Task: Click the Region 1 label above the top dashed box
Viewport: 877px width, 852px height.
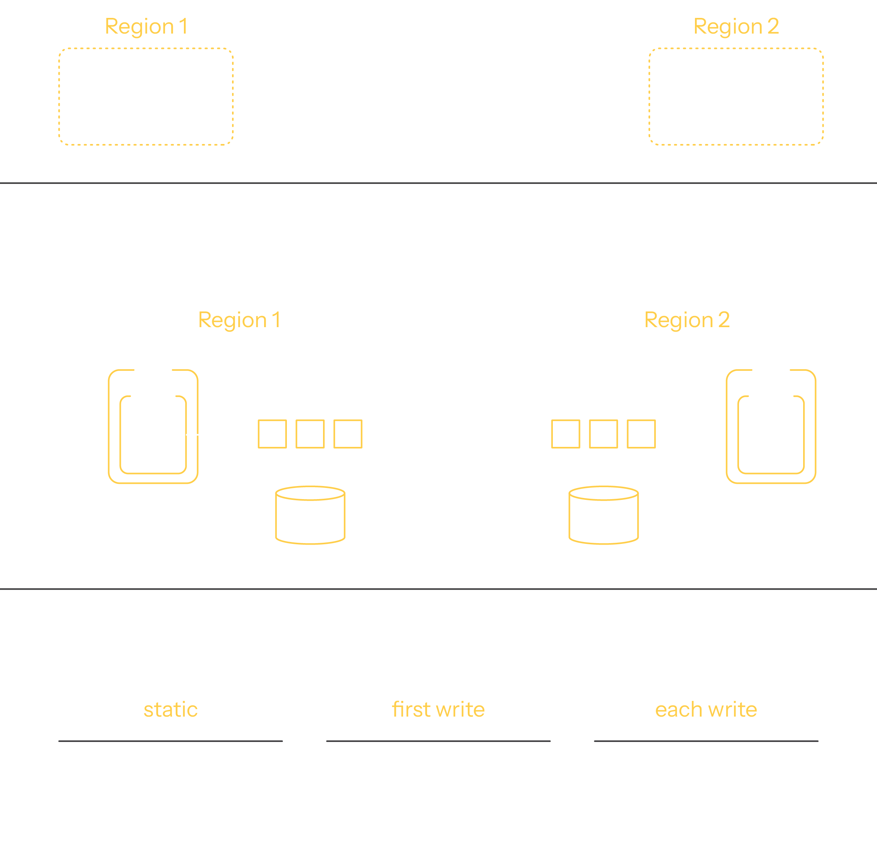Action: point(146,26)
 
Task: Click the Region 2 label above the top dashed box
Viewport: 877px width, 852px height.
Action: point(736,26)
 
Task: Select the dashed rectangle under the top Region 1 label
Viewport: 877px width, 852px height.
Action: point(146,97)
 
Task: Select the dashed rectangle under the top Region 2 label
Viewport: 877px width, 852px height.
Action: point(736,97)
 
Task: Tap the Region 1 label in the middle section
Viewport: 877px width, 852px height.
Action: point(239,320)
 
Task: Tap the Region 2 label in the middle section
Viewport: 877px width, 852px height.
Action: point(687,320)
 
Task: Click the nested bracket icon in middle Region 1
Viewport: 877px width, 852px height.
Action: point(153,426)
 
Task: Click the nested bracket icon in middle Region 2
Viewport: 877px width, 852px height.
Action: point(771,426)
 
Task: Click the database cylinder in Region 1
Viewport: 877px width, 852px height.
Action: point(310,515)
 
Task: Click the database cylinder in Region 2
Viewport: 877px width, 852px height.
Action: point(604,515)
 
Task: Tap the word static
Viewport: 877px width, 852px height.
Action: point(170,710)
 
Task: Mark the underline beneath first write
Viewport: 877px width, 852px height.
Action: point(438,741)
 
